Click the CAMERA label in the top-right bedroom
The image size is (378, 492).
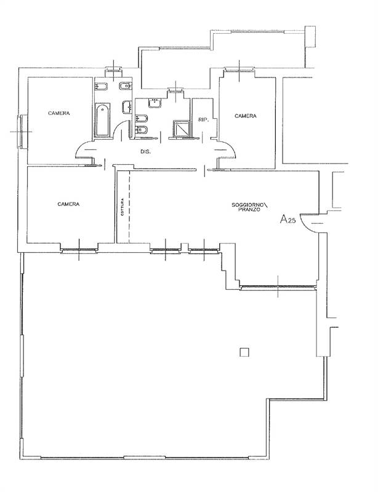coord(245,116)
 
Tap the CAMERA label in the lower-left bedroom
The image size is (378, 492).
coord(69,204)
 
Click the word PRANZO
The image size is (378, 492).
coord(249,210)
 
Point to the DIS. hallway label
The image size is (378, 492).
coord(146,151)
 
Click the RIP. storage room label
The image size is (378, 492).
coord(203,121)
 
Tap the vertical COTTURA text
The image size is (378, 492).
coord(123,207)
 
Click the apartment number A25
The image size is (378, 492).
coord(289,220)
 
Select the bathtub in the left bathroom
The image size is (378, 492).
coord(102,121)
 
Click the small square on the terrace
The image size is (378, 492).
coord(244,352)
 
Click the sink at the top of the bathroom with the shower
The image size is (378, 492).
coord(153,103)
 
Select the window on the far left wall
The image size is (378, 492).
coord(22,131)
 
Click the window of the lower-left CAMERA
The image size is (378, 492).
coord(79,249)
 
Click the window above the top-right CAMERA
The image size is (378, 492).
coord(239,69)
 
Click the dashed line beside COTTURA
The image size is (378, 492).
coord(129,207)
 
